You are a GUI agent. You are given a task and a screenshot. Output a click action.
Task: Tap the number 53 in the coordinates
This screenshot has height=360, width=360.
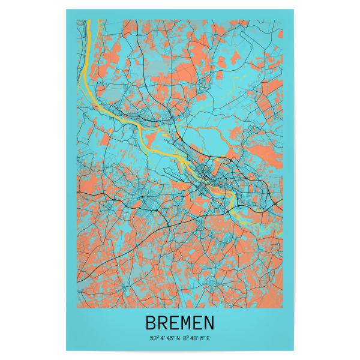pyautogui.click(x=153, y=338)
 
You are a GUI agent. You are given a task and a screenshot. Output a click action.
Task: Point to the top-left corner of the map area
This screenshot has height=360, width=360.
pyautogui.click(x=77, y=20)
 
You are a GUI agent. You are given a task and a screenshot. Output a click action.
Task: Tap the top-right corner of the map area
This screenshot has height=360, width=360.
pyautogui.click(x=283, y=20)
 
